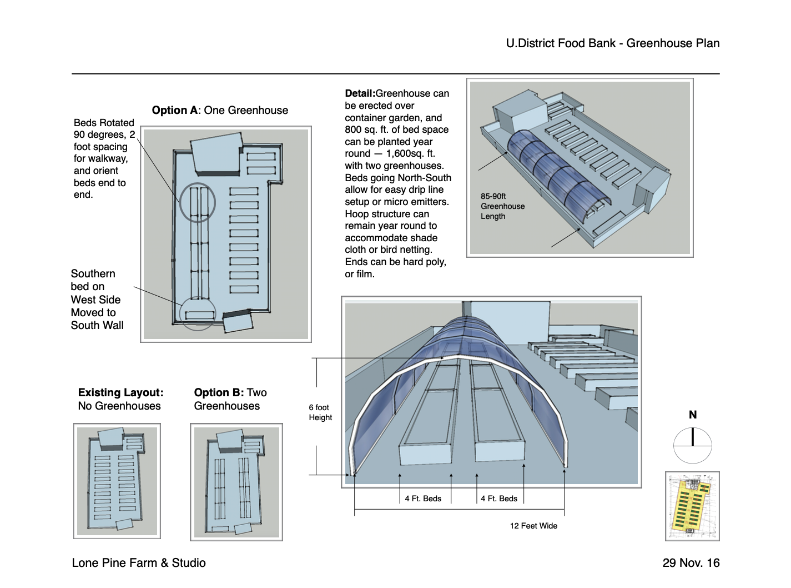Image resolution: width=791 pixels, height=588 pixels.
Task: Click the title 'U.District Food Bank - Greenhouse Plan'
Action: [612, 43]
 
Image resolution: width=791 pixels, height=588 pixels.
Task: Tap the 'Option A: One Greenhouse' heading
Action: [220, 110]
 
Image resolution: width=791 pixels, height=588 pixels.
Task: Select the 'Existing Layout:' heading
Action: [120, 392]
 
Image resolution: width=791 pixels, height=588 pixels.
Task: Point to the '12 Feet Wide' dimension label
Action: [533, 526]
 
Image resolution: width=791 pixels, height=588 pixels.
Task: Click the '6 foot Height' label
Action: [320, 412]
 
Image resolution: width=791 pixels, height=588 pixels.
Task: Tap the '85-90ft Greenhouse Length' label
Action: [502, 206]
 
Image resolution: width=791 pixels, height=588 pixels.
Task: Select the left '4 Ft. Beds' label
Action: [423, 499]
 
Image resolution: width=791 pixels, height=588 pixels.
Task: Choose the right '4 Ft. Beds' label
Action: [499, 499]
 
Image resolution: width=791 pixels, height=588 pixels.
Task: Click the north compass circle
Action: [692, 445]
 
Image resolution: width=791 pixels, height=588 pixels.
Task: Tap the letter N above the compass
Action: [692, 415]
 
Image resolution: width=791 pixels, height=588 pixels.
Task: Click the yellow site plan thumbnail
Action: [692, 506]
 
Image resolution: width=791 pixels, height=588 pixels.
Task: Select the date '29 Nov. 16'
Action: [691, 562]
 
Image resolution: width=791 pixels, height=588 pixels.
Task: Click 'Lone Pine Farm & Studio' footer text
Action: [139, 562]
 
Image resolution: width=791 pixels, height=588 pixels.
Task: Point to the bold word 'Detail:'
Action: [360, 93]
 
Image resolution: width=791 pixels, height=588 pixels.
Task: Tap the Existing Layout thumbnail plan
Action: [117, 481]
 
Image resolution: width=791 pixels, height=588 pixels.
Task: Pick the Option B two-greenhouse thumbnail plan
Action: [236, 482]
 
